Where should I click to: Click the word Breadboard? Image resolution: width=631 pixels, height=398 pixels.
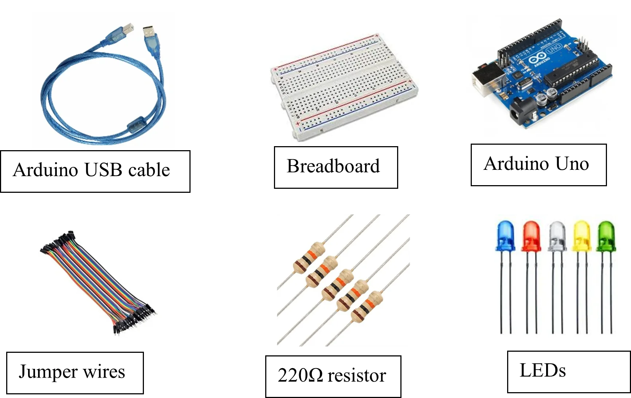333,166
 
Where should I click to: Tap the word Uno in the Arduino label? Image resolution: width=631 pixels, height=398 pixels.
572,164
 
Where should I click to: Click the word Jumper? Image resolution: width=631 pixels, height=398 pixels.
48,372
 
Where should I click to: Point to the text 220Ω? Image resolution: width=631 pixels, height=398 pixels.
300,375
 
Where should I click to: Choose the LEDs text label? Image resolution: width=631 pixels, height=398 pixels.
543,371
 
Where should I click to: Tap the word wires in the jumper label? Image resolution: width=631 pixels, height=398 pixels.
104,372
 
